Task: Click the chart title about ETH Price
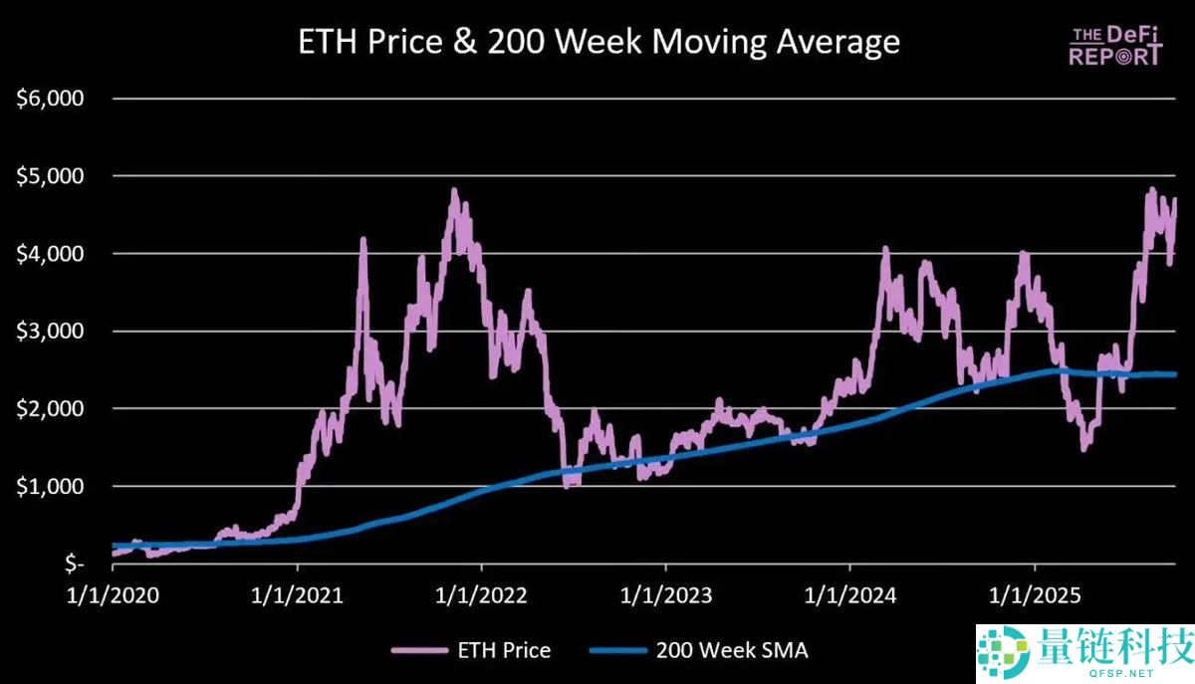point(598,42)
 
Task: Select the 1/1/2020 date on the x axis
point(113,595)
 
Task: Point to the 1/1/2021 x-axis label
point(297,595)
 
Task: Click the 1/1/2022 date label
point(481,595)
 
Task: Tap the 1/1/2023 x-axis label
point(666,595)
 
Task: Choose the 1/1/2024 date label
point(850,595)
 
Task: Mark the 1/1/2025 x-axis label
point(1035,595)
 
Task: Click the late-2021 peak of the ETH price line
point(454,190)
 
